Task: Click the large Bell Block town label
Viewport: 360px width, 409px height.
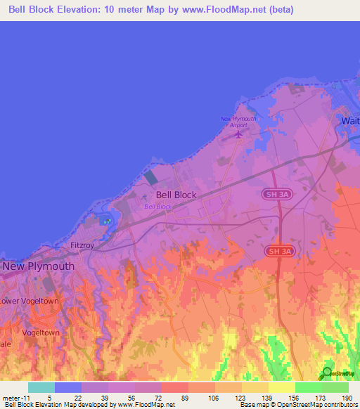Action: (176, 195)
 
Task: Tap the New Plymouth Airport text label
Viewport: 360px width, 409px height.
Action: (238, 122)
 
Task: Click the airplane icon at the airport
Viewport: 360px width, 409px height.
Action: (238, 134)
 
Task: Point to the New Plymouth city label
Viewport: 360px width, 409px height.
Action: (39, 266)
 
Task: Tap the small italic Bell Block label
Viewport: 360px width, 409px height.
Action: (157, 207)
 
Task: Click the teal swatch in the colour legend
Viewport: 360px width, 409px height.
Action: (41, 387)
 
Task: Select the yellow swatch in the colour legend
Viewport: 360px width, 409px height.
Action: (281, 387)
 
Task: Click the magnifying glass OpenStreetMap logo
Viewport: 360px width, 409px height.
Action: (327, 372)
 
